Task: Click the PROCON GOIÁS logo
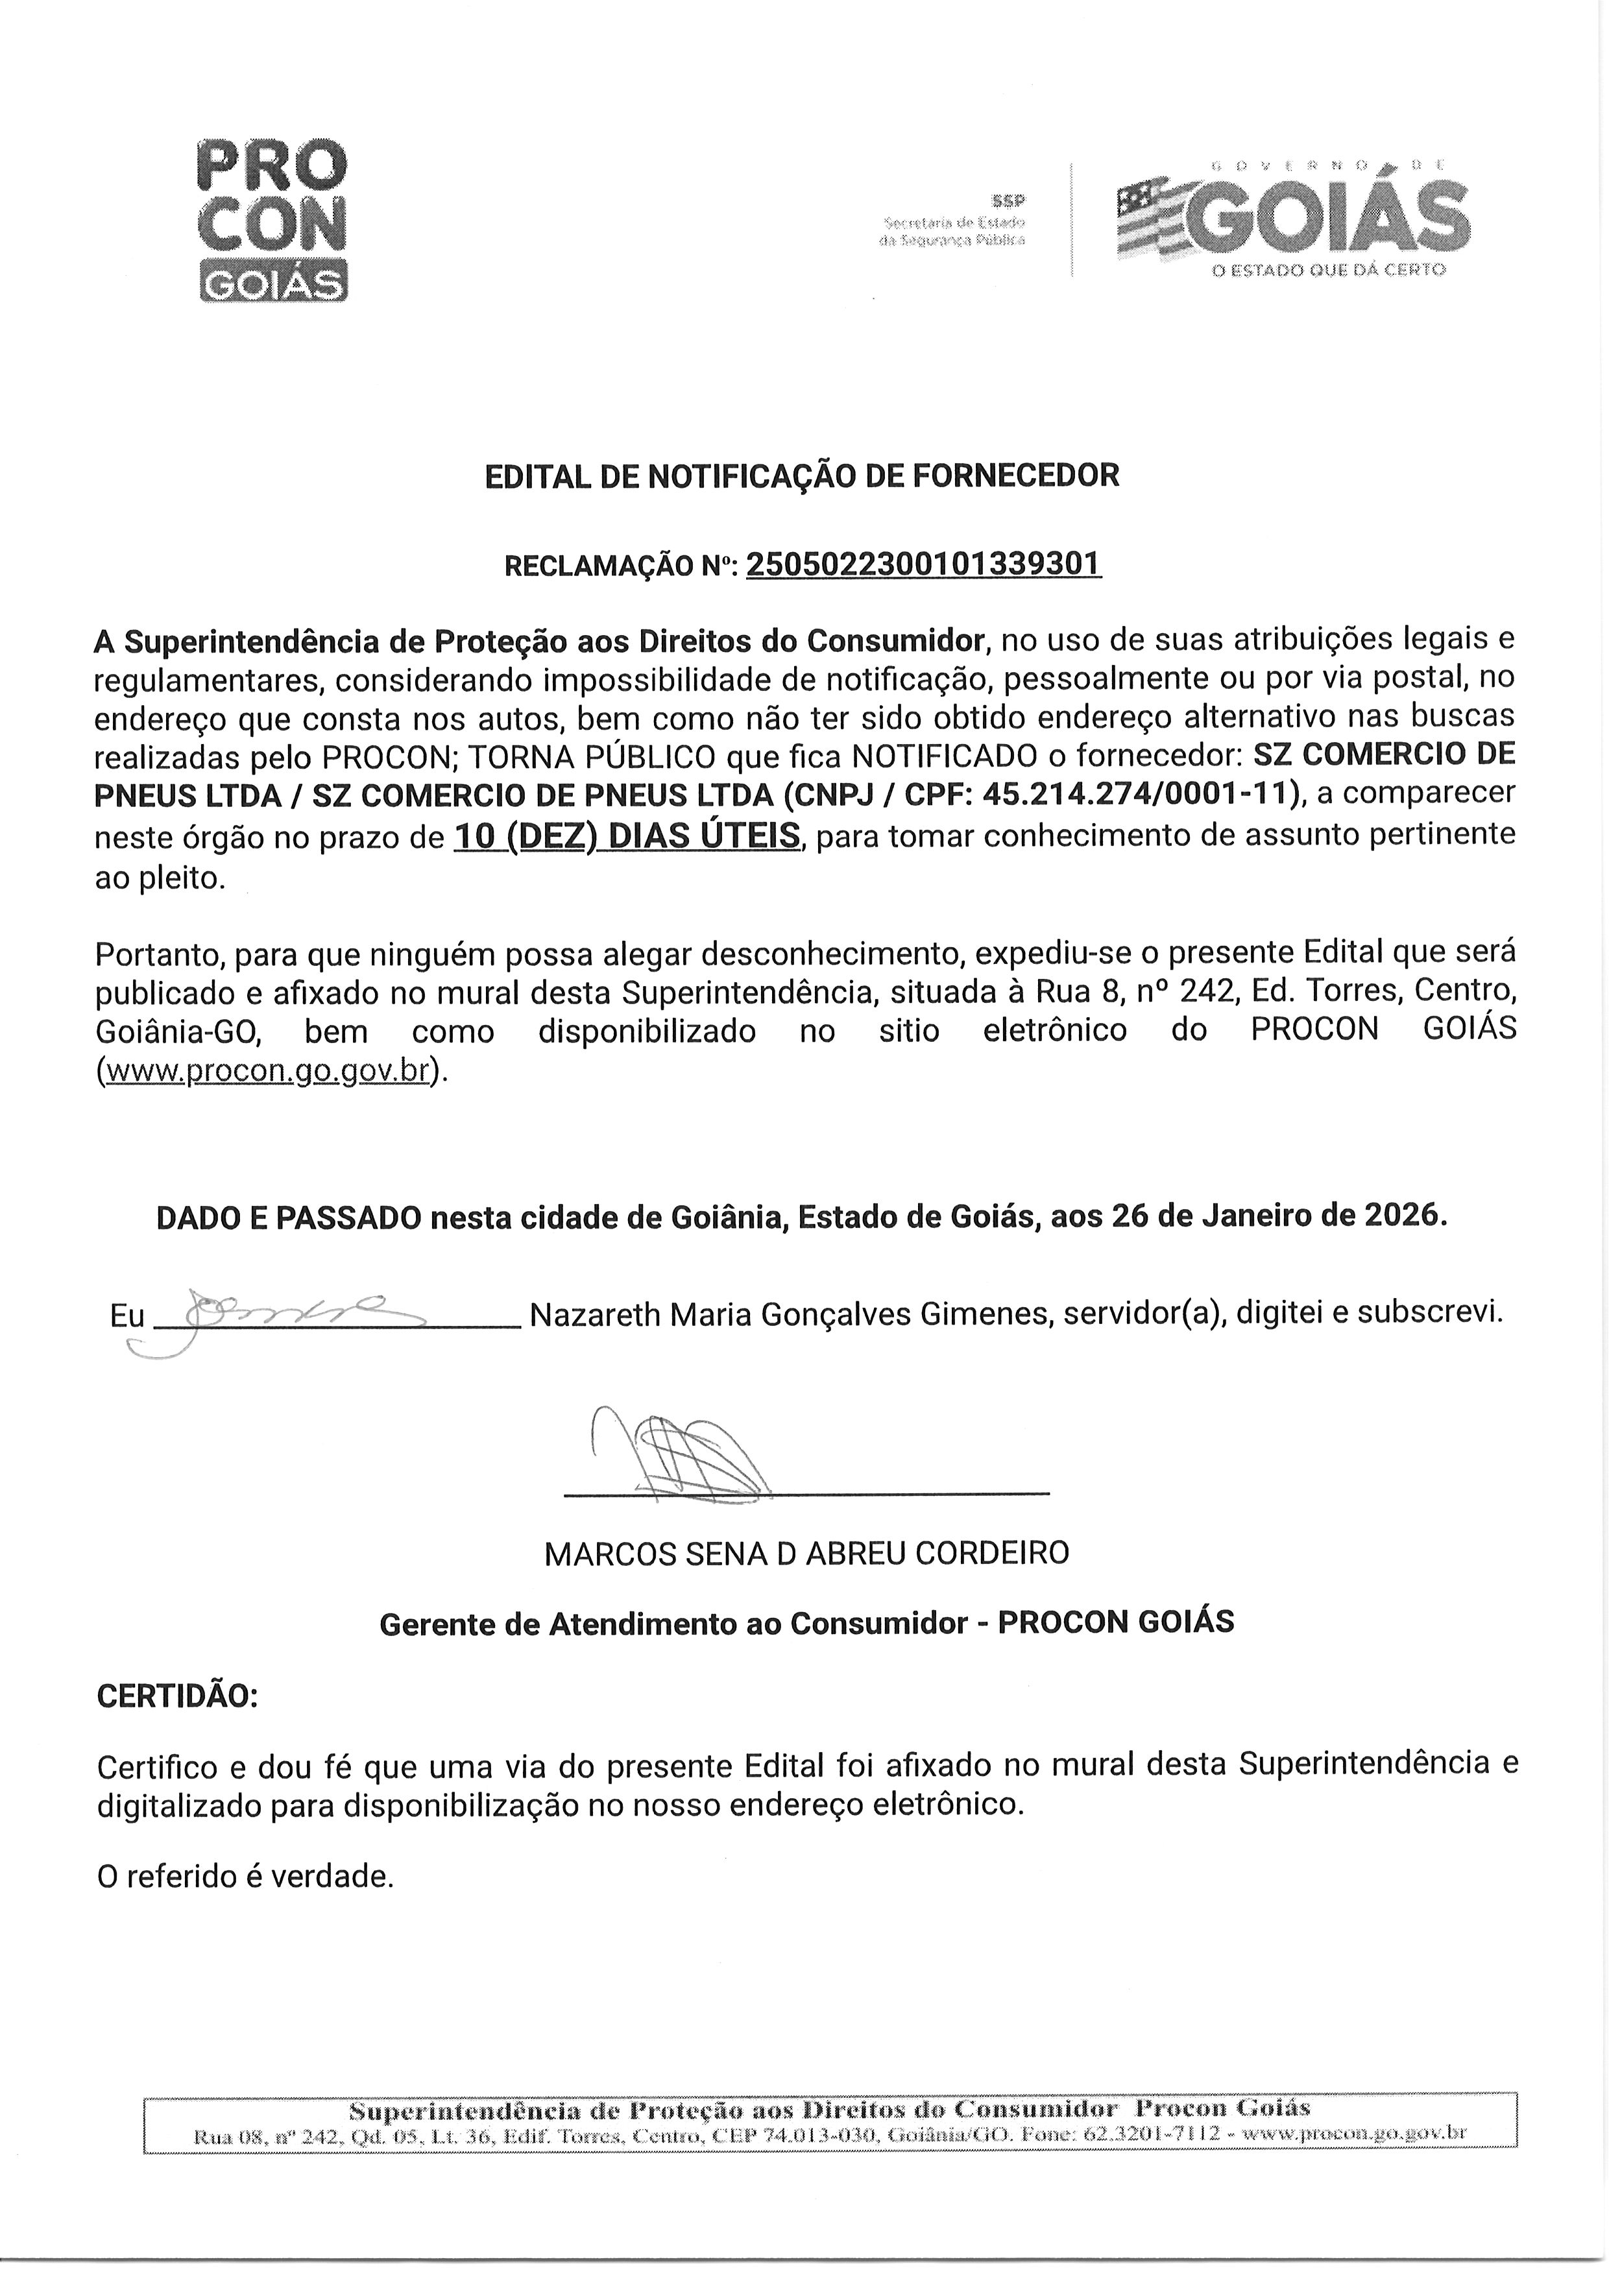[x=273, y=220]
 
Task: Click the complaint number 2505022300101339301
[x=923, y=564]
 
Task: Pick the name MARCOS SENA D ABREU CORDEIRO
[x=806, y=1552]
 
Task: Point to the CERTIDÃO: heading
[x=176, y=1696]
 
